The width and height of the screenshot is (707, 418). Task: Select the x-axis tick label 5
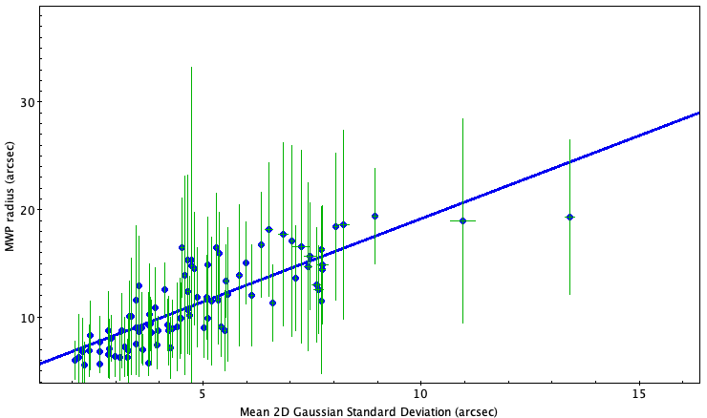(x=202, y=392)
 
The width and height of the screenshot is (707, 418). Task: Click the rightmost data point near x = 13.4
(x=569, y=218)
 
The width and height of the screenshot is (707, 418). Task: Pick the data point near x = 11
(x=462, y=220)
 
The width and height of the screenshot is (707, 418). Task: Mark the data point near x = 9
(x=375, y=216)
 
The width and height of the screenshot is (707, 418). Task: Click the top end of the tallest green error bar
(x=191, y=67)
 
